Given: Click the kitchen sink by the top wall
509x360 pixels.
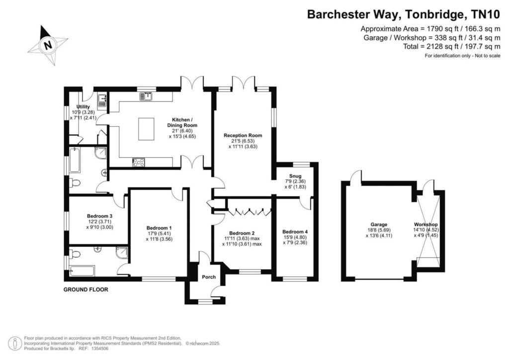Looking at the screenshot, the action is (146, 96).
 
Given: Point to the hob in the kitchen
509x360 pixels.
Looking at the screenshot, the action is (139, 162).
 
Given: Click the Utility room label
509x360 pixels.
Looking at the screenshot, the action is (83, 107).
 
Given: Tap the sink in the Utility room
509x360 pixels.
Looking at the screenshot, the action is (102, 100).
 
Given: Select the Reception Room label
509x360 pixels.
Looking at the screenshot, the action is (243, 135).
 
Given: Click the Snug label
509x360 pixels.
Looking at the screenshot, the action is (295, 176).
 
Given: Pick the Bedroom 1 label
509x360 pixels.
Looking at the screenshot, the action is (159, 228).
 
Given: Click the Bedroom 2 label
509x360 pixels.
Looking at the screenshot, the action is (242, 233).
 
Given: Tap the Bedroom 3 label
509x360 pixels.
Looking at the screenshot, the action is (99, 216).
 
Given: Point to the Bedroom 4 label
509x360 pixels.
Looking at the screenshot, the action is (295, 232).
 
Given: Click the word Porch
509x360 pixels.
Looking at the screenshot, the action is (209, 277).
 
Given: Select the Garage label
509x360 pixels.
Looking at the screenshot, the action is (379, 224).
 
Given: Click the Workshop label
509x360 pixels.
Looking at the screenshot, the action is (426, 224).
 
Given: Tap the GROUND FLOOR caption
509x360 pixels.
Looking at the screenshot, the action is (85, 289).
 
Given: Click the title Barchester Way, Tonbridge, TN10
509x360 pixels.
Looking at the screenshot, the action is (404, 14).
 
